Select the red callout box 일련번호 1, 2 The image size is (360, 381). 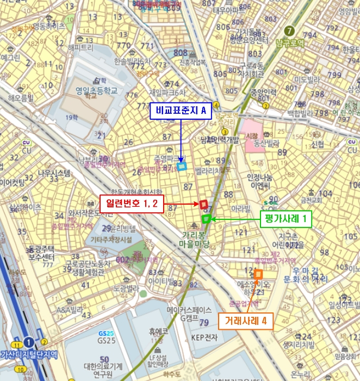click(131, 204)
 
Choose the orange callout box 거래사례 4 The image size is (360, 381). click(246, 321)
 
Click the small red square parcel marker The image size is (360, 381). click(203, 204)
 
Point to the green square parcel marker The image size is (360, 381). click(206, 219)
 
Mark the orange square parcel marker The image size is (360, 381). click(258, 274)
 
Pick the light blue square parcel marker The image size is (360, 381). click(182, 167)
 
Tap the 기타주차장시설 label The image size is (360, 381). click(112, 239)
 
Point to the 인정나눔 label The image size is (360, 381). click(259, 177)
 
